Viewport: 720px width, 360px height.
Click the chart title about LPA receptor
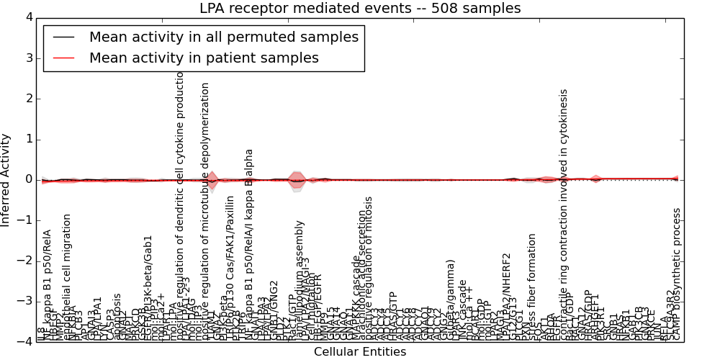pos(360,9)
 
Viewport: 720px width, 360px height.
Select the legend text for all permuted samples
pos(223,37)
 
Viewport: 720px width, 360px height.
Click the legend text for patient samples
pos(204,58)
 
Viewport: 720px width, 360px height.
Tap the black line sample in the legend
pos(63,37)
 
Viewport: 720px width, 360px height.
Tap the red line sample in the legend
pos(63,58)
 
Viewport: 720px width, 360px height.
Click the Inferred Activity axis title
pos(6,180)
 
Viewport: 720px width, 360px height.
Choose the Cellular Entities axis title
pos(360,352)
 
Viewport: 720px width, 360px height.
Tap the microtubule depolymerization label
pos(205,209)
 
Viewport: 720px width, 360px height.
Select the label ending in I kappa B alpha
pos(249,245)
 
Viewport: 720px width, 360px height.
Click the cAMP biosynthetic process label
pos(677,274)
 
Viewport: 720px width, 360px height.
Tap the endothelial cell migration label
pos(68,277)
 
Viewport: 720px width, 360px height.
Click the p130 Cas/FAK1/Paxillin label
pos(230,266)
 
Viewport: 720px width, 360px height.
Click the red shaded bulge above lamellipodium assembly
pos(296,180)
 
